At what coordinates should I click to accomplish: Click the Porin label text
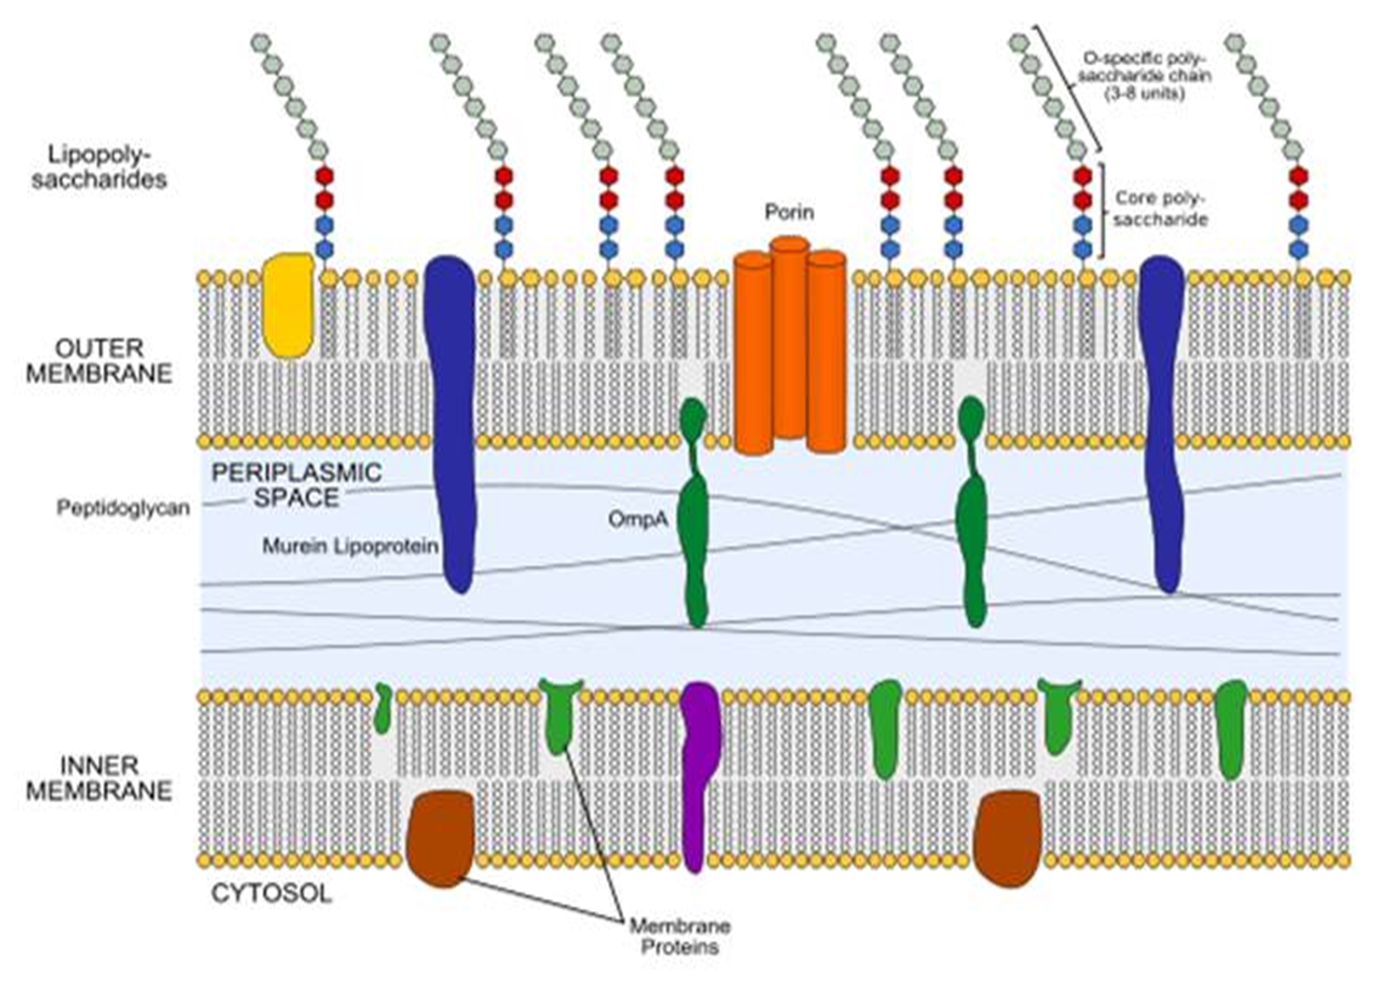click(x=789, y=212)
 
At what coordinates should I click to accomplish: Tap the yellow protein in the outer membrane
click(x=289, y=305)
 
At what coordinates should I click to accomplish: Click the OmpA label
click(x=638, y=519)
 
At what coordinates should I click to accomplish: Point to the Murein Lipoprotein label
click(x=350, y=546)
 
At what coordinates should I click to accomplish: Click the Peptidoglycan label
click(x=123, y=508)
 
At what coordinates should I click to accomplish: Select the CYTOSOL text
click(x=272, y=894)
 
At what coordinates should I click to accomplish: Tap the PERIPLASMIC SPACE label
click(x=297, y=485)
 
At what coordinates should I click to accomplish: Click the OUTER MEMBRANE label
click(x=98, y=360)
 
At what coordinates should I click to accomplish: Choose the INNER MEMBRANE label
click(x=98, y=778)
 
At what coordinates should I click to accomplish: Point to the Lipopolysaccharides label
click(x=99, y=167)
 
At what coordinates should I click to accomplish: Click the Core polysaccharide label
click(x=1161, y=209)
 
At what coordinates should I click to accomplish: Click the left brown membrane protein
click(x=440, y=838)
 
